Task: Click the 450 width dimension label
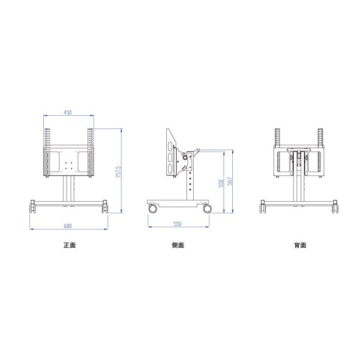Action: pyautogui.click(x=68, y=113)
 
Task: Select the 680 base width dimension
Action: pyautogui.click(x=68, y=226)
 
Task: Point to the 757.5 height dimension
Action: pyautogui.click(x=119, y=172)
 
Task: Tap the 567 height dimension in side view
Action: pyautogui.click(x=230, y=181)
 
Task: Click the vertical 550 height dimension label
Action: pyautogui.click(x=221, y=183)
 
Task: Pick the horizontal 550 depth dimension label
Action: pyautogui.click(x=177, y=224)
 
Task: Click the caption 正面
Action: pyautogui.click(x=70, y=245)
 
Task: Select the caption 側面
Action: pyautogui.click(x=178, y=245)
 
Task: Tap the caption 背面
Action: pyautogui.click(x=300, y=245)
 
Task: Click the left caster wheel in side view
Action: pyautogui.click(x=152, y=208)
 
